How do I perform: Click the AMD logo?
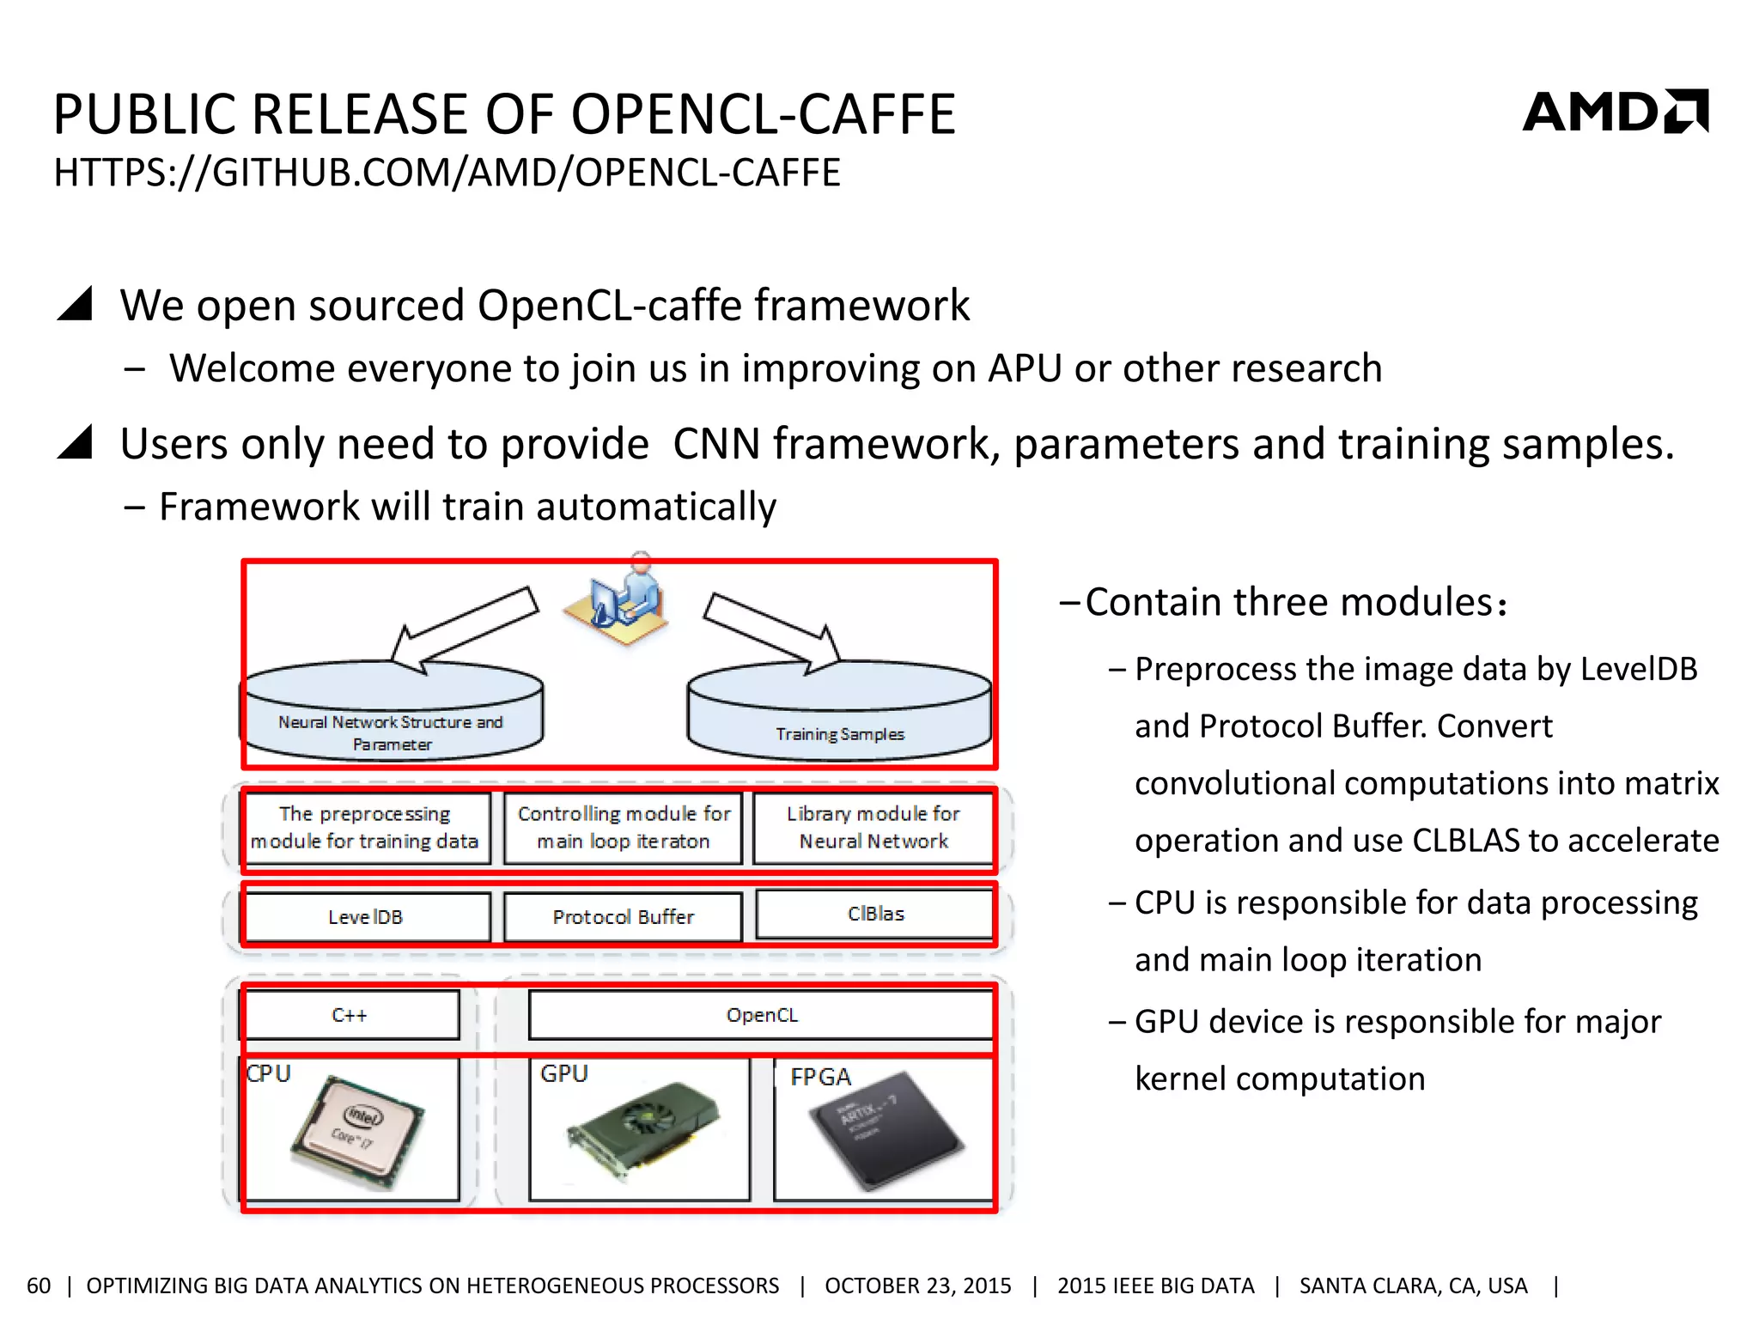pyautogui.click(x=1615, y=112)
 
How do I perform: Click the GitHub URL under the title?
pyautogui.click(x=447, y=173)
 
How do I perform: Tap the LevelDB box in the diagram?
pyautogui.click(x=366, y=916)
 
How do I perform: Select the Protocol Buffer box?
pyautogui.click(x=623, y=916)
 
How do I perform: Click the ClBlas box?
pyautogui.click(x=875, y=914)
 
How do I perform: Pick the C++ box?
pyautogui.click(x=350, y=1015)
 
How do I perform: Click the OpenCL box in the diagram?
pyautogui.click(x=761, y=1015)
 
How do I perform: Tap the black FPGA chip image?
pyautogui.click(x=885, y=1130)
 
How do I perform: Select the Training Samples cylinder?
pyautogui.click(x=839, y=713)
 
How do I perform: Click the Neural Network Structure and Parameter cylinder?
pyautogui.click(x=392, y=713)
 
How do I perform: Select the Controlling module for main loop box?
pyautogui.click(x=624, y=827)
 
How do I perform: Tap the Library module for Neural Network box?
pyautogui.click(x=873, y=827)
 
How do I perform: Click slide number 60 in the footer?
pyautogui.click(x=39, y=1286)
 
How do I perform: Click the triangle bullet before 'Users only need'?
pyautogui.click(x=76, y=443)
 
